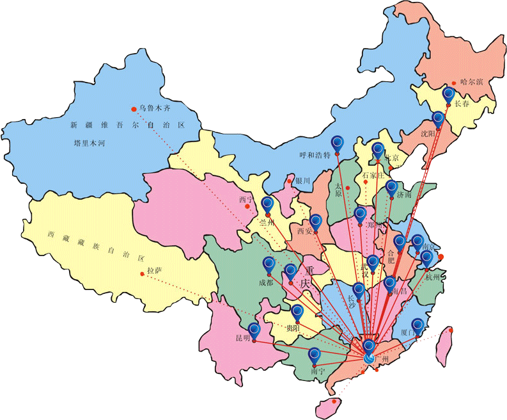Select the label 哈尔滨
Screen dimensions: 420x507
[x=472, y=82]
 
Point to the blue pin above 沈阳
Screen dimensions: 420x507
[x=438, y=118]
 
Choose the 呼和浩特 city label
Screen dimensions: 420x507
[x=315, y=155]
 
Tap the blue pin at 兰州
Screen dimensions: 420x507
[x=268, y=204]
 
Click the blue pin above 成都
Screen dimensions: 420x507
[x=269, y=264]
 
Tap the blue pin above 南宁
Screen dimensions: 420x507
[x=314, y=355]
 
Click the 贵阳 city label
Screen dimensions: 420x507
[x=293, y=328]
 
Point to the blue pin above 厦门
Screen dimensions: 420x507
[x=417, y=325]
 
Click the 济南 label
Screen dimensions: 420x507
[x=404, y=194]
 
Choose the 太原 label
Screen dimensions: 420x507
[x=339, y=190]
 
